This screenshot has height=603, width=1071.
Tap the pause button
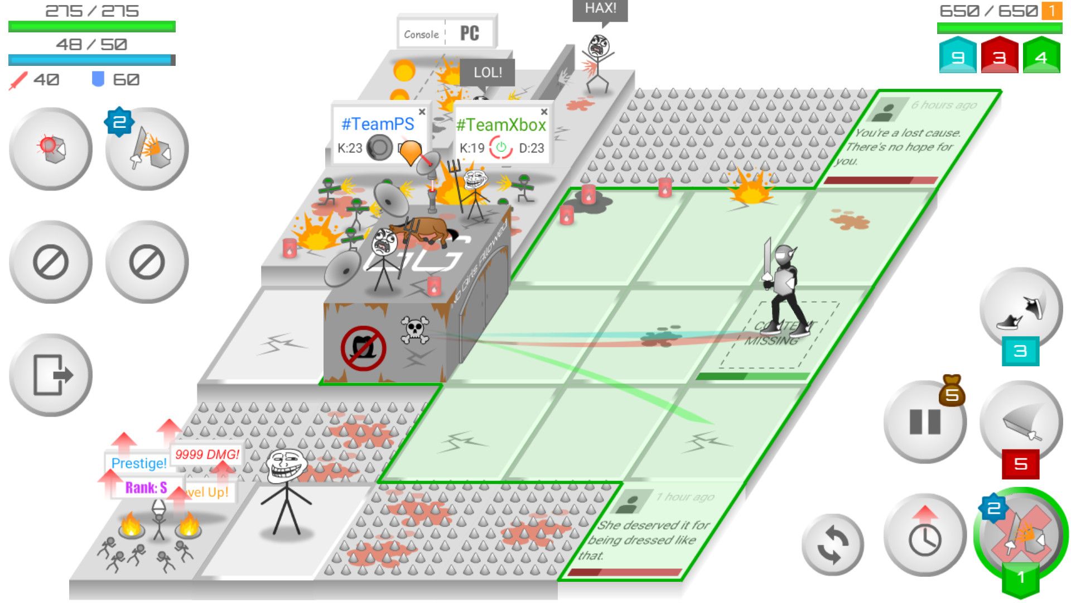point(925,422)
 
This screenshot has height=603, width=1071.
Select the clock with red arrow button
point(925,535)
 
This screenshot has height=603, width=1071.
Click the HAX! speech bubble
point(600,9)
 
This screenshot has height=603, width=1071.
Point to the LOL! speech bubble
point(487,73)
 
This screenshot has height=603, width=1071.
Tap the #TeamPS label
point(378,124)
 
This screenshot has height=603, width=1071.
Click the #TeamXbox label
point(500,125)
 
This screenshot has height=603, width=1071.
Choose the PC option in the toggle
point(469,33)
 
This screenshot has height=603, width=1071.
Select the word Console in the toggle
point(421,35)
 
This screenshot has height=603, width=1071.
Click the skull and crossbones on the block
point(415,329)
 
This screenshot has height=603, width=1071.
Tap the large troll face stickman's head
point(286,465)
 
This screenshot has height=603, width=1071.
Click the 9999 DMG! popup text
point(207,454)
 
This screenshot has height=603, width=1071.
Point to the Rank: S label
point(146,488)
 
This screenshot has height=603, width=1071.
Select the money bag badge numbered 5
point(952,391)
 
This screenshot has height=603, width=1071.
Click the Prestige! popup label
point(139,463)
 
